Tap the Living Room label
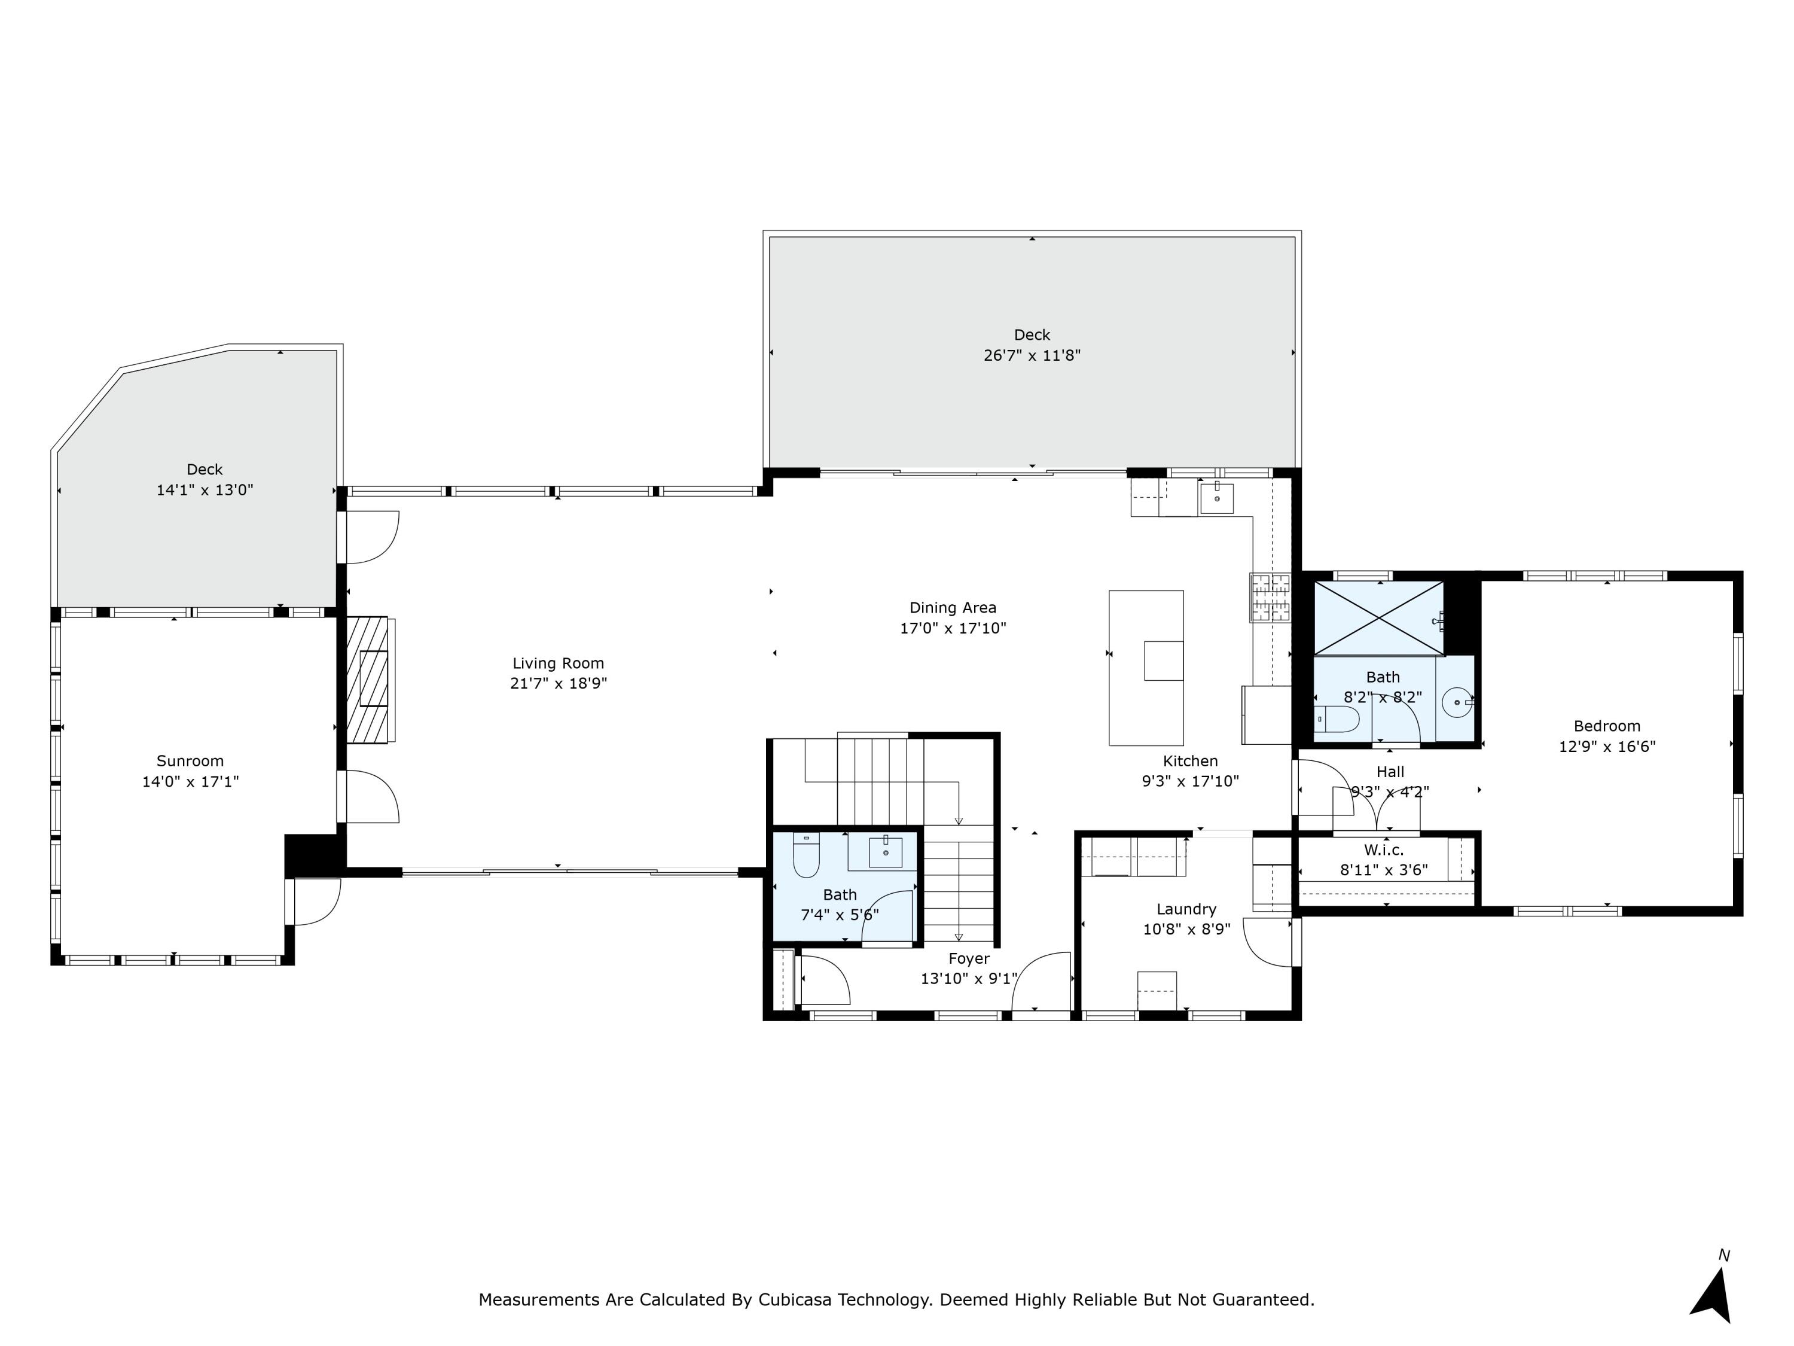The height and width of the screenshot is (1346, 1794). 558,663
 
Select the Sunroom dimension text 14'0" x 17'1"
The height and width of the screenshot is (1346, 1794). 191,781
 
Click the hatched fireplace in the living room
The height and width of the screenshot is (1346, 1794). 369,680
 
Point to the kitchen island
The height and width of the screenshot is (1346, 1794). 1145,667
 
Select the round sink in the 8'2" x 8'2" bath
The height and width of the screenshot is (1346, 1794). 1457,702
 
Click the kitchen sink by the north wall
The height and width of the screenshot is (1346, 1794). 1216,498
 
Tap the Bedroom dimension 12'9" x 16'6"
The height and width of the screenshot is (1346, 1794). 1607,747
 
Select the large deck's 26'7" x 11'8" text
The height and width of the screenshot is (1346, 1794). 1032,355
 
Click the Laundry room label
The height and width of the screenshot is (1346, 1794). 1186,909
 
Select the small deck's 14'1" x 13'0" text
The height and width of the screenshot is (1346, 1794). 205,490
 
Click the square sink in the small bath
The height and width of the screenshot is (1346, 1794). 885,852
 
